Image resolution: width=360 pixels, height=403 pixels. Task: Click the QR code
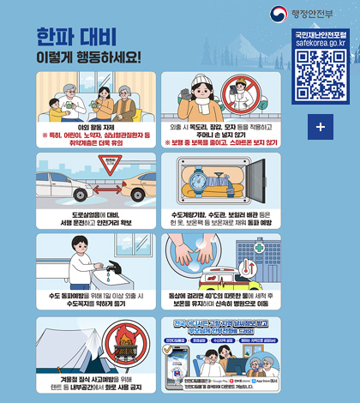[x=319, y=75]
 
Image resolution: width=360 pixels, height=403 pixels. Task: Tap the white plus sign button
[x=319, y=126]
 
